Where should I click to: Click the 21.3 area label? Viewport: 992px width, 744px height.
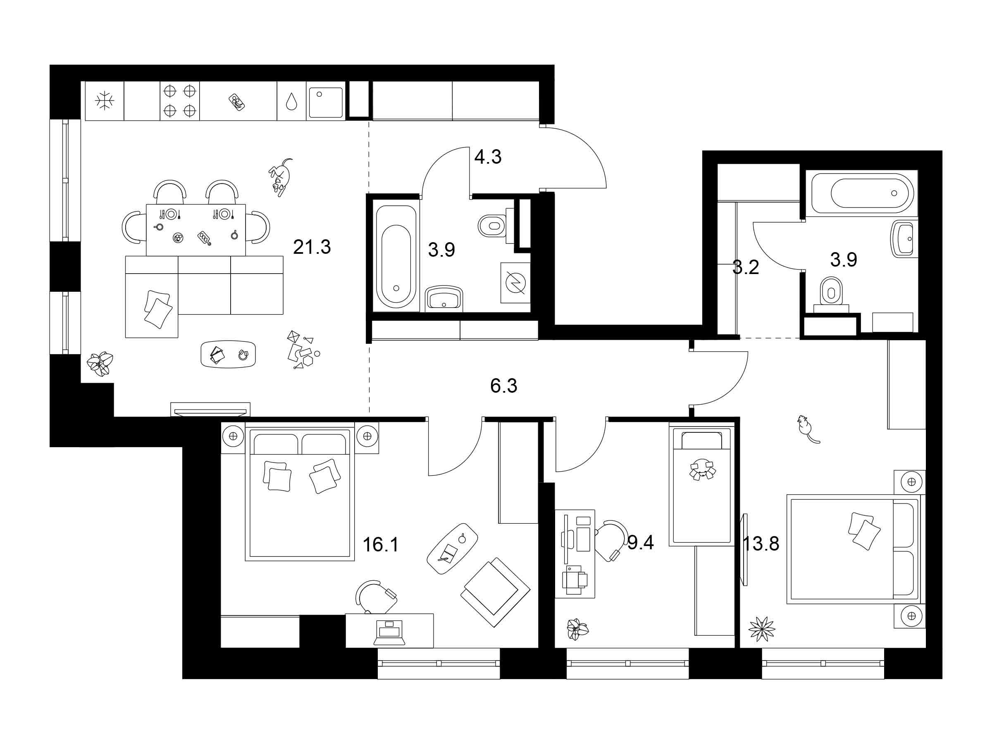point(312,247)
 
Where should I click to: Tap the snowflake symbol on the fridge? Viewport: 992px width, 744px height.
point(105,100)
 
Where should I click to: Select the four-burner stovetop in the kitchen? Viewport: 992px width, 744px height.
point(180,100)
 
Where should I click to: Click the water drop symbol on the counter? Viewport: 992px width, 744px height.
point(292,101)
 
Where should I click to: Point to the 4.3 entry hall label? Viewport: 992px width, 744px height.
point(488,157)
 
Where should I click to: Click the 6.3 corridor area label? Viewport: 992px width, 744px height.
point(503,386)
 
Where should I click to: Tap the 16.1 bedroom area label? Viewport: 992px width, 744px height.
point(380,545)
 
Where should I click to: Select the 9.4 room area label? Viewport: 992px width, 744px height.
point(641,543)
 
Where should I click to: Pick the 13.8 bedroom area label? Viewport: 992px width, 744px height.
point(761,544)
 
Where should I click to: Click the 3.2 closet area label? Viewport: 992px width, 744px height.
point(746,268)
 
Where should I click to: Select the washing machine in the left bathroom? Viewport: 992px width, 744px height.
point(515,283)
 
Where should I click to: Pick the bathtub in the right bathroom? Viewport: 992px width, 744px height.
point(863,193)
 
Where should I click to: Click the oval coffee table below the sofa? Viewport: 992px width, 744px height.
point(228,354)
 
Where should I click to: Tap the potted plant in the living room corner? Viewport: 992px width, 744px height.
point(100,363)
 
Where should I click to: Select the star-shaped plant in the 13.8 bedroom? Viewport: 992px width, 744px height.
point(761,629)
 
